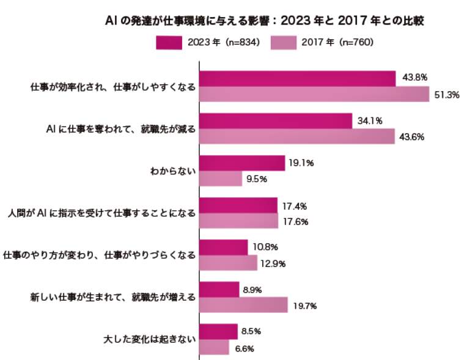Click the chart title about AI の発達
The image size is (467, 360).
[x=264, y=21]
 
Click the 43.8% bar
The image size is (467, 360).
[x=298, y=79]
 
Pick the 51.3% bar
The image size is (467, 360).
[x=315, y=95]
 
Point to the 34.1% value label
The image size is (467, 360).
[x=370, y=121]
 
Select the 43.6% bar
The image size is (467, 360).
[x=298, y=136]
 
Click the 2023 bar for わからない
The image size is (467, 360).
[x=243, y=163]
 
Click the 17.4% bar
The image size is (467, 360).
[x=238, y=205]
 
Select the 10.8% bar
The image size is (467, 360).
[x=224, y=248]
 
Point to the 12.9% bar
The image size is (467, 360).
[x=229, y=263]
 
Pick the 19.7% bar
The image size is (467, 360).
[x=244, y=306]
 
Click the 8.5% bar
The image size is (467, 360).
[x=219, y=332]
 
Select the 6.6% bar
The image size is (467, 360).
[x=215, y=348]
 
